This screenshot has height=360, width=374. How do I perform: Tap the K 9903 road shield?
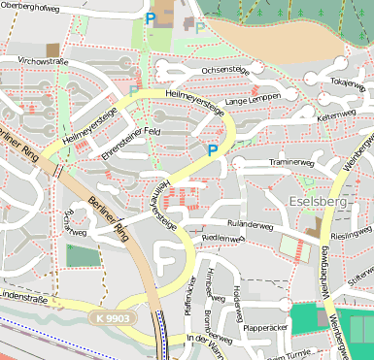(114, 317)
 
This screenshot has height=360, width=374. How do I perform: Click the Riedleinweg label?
(222, 238)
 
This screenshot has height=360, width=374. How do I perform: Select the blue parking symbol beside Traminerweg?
(212, 149)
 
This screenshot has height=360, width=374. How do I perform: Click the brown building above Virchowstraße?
(51, 49)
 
